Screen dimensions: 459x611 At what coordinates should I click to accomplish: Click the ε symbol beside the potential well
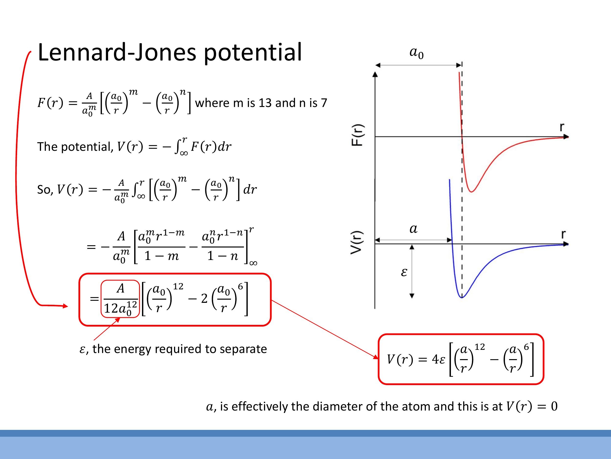(404, 272)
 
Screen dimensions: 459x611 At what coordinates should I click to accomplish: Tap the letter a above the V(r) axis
(413, 229)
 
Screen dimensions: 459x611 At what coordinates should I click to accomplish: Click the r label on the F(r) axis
(562, 127)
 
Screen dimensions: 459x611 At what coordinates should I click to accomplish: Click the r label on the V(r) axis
(564, 234)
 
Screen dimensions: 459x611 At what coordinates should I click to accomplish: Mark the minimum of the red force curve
(471, 191)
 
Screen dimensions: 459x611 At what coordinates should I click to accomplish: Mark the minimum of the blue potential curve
(462, 297)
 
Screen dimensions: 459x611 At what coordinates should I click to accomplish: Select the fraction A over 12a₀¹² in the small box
(120, 299)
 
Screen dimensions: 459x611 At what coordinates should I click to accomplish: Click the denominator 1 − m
(162, 256)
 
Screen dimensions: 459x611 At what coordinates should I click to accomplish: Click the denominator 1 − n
(222, 256)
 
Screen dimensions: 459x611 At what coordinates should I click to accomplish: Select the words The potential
(75, 147)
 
